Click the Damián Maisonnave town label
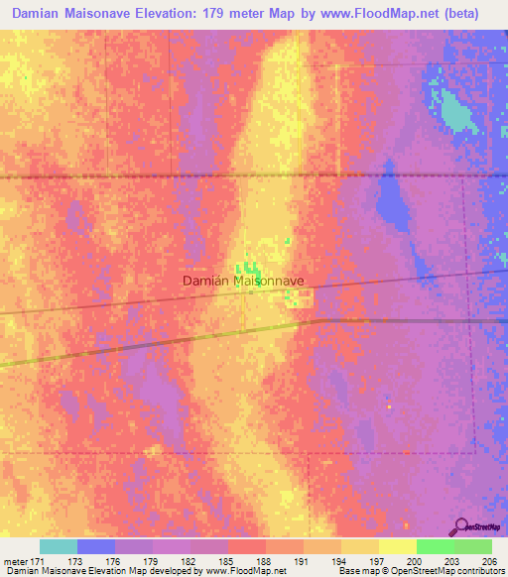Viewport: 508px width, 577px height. coord(243,281)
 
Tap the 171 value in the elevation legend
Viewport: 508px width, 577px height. coord(38,561)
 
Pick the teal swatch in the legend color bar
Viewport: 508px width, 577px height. coord(59,546)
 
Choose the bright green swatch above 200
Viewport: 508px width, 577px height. coord(435,546)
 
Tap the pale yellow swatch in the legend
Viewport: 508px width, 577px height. coord(397,546)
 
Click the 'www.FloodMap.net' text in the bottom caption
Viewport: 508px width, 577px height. coord(243,571)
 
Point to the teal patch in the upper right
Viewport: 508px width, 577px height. coord(455,111)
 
